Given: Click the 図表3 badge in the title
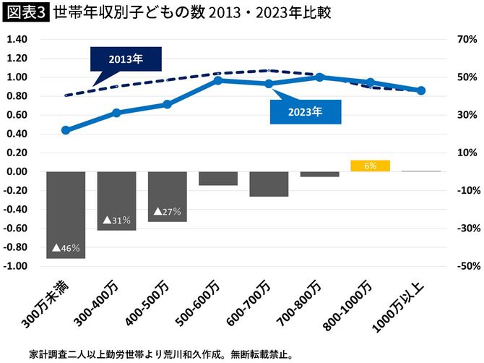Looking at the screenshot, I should pyautogui.click(x=25, y=13).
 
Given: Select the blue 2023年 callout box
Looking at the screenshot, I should pyautogui.click(x=304, y=112).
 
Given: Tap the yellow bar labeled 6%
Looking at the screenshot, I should pyautogui.click(x=370, y=166).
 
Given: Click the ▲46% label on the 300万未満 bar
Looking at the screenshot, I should pyautogui.click(x=66, y=247).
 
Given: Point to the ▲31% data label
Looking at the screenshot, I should pyautogui.click(x=116, y=220).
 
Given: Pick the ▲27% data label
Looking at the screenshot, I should pyautogui.click(x=167, y=212).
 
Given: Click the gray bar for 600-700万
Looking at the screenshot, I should pyautogui.click(x=269, y=184).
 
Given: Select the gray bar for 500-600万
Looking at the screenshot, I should pyautogui.click(x=218, y=179).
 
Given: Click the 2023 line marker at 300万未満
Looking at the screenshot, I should pyautogui.click(x=66, y=130).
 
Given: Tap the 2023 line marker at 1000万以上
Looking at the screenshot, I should pyautogui.click(x=421, y=90).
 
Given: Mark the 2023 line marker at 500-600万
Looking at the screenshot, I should pyautogui.click(x=218, y=80).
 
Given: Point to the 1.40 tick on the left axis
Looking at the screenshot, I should pyautogui.click(x=17, y=39).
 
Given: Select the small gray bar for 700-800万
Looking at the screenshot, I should pyautogui.click(x=319, y=174).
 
